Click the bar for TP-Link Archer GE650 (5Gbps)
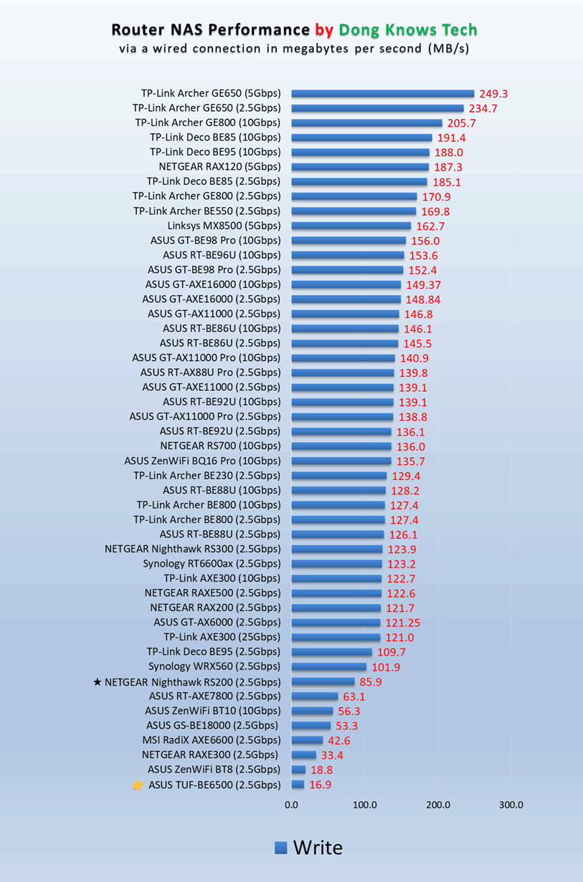coord(382,93)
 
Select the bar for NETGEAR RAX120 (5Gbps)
coord(360,167)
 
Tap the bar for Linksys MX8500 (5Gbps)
coord(351,226)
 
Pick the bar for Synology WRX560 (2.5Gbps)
coord(328,667)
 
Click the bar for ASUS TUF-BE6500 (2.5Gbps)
coord(298,785)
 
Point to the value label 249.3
coord(494,94)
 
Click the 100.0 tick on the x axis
coord(364,805)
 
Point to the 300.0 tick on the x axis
coord(511,805)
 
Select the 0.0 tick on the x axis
coord(291,805)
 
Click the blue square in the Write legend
coord(281,848)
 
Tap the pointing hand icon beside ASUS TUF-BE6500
coord(138,785)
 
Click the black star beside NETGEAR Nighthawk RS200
coord(98,682)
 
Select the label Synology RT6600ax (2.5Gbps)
coord(212,564)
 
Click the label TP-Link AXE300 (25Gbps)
coord(222,637)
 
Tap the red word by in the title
coord(324,30)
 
